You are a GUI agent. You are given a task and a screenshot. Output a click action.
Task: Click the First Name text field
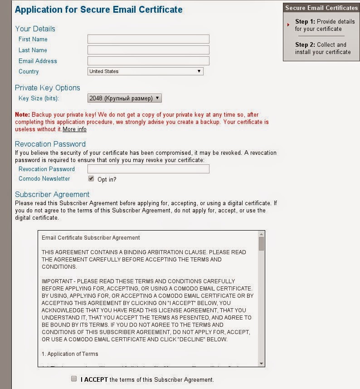click(148, 39)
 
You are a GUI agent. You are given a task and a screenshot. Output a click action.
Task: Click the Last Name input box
click(148, 50)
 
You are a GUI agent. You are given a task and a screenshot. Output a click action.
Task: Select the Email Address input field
click(148, 61)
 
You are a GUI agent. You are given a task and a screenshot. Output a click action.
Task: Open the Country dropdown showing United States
click(145, 71)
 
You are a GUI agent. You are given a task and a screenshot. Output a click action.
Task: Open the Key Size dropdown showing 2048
click(124, 98)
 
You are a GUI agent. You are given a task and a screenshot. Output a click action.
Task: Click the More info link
click(74, 129)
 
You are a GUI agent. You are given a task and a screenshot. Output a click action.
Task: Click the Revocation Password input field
click(148, 169)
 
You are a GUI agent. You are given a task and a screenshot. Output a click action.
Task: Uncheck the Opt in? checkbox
click(91, 179)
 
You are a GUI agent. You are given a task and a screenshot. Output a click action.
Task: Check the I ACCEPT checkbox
click(74, 379)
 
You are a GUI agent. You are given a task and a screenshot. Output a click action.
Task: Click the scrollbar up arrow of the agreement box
click(261, 234)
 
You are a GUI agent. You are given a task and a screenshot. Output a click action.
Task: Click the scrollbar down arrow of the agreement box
click(261, 363)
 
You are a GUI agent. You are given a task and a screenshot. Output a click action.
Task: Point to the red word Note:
click(22, 115)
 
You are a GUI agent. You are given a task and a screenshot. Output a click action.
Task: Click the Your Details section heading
click(35, 29)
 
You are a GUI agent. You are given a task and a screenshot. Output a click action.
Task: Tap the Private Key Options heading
click(47, 88)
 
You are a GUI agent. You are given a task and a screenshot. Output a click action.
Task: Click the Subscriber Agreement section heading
click(52, 194)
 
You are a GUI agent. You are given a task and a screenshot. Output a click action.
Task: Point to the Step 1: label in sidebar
click(305, 21)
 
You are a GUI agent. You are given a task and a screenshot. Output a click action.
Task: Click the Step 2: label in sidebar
click(305, 44)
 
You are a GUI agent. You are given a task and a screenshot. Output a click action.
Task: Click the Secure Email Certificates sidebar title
click(321, 8)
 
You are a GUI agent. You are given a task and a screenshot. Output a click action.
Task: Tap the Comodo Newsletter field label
click(44, 179)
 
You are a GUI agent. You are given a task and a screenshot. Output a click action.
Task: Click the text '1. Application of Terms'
click(70, 354)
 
